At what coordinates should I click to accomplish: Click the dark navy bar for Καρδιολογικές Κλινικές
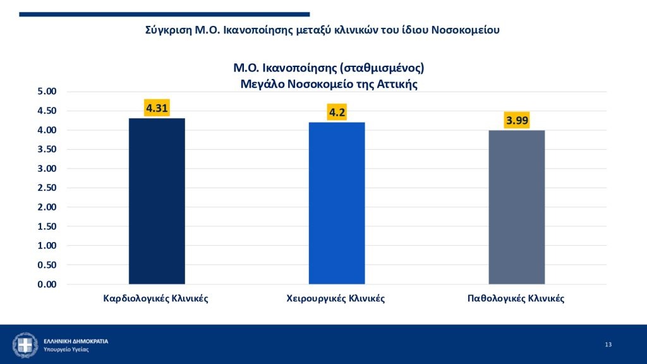pyautogui.click(x=157, y=201)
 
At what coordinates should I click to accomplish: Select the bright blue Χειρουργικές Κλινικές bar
pyautogui.click(x=337, y=203)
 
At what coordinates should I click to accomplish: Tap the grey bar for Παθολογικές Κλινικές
pyautogui.click(x=517, y=207)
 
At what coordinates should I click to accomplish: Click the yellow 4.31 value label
pyautogui.click(x=157, y=108)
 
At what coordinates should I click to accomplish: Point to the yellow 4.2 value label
pyautogui.click(x=337, y=112)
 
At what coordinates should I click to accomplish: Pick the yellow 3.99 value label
pyautogui.click(x=517, y=120)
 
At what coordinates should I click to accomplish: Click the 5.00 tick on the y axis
pyautogui.click(x=47, y=91)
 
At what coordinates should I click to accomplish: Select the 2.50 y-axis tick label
pyautogui.click(x=47, y=188)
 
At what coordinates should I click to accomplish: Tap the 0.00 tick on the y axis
pyautogui.click(x=47, y=284)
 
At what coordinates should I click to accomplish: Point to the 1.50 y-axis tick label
pyautogui.click(x=47, y=227)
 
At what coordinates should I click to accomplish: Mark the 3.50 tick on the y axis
pyautogui.click(x=47, y=149)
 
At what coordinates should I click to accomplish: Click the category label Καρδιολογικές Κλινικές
pyautogui.click(x=155, y=298)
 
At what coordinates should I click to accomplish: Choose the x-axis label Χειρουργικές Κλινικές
pyautogui.click(x=336, y=298)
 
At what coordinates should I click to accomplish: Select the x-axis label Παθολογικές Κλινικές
pyautogui.click(x=516, y=298)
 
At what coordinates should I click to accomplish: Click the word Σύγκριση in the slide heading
pyautogui.click(x=168, y=30)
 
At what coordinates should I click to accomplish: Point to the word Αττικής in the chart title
pyautogui.click(x=397, y=84)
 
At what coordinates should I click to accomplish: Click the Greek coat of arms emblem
pyautogui.click(x=25, y=345)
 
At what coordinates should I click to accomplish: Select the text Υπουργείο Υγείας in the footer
pyautogui.click(x=66, y=349)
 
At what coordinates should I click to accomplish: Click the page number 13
pyautogui.click(x=608, y=344)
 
